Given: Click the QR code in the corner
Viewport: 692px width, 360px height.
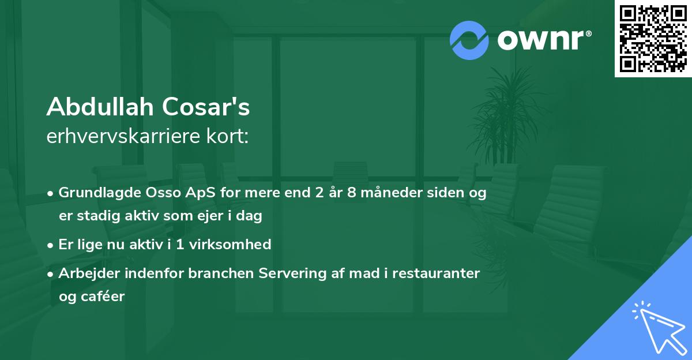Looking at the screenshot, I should (x=653, y=39).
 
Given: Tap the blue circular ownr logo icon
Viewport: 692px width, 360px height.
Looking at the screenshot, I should (x=469, y=40).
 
